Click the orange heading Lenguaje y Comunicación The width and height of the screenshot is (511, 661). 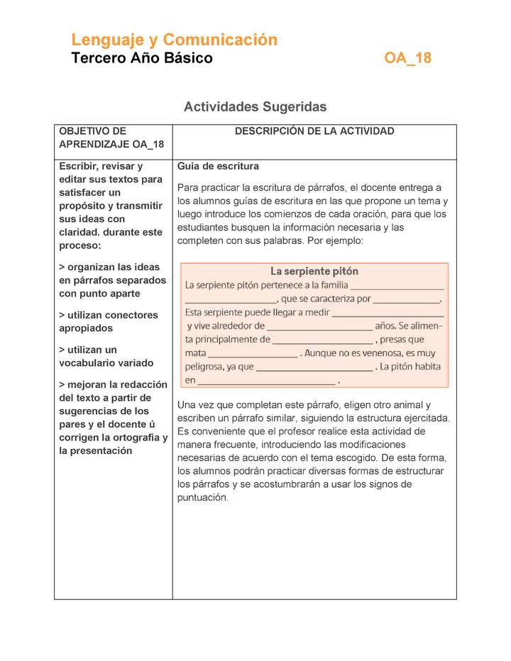(174, 40)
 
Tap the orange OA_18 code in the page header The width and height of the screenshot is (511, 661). (407, 58)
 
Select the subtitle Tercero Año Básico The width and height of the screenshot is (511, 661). (142, 58)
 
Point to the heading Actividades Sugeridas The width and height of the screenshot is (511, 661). (255, 107)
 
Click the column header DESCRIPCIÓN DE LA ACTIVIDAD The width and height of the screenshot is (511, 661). (314, 131)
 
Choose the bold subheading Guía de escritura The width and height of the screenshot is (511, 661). (218, 167)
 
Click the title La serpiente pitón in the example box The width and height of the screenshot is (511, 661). (314, 271)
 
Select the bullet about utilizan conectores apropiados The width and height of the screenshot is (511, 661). (109, 321)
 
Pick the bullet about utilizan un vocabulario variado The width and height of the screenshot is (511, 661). (106, 356)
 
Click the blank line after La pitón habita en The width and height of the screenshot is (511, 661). (267, 382)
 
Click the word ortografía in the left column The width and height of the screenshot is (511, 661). (140, 438)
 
